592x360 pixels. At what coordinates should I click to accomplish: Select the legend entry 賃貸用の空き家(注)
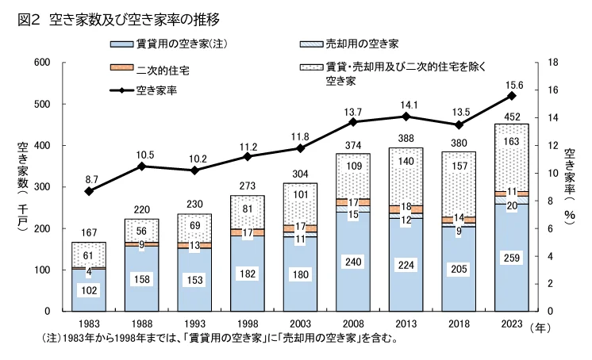pos(171,43)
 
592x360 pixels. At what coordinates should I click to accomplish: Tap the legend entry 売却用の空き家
pos(361,43)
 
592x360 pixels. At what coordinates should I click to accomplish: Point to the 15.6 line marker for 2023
pos(512,95)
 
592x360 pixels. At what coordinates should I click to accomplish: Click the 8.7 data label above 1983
pos(90,180)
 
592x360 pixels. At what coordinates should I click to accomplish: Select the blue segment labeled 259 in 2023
pos(512,258)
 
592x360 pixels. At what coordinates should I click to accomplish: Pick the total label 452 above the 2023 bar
pos(512,117)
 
